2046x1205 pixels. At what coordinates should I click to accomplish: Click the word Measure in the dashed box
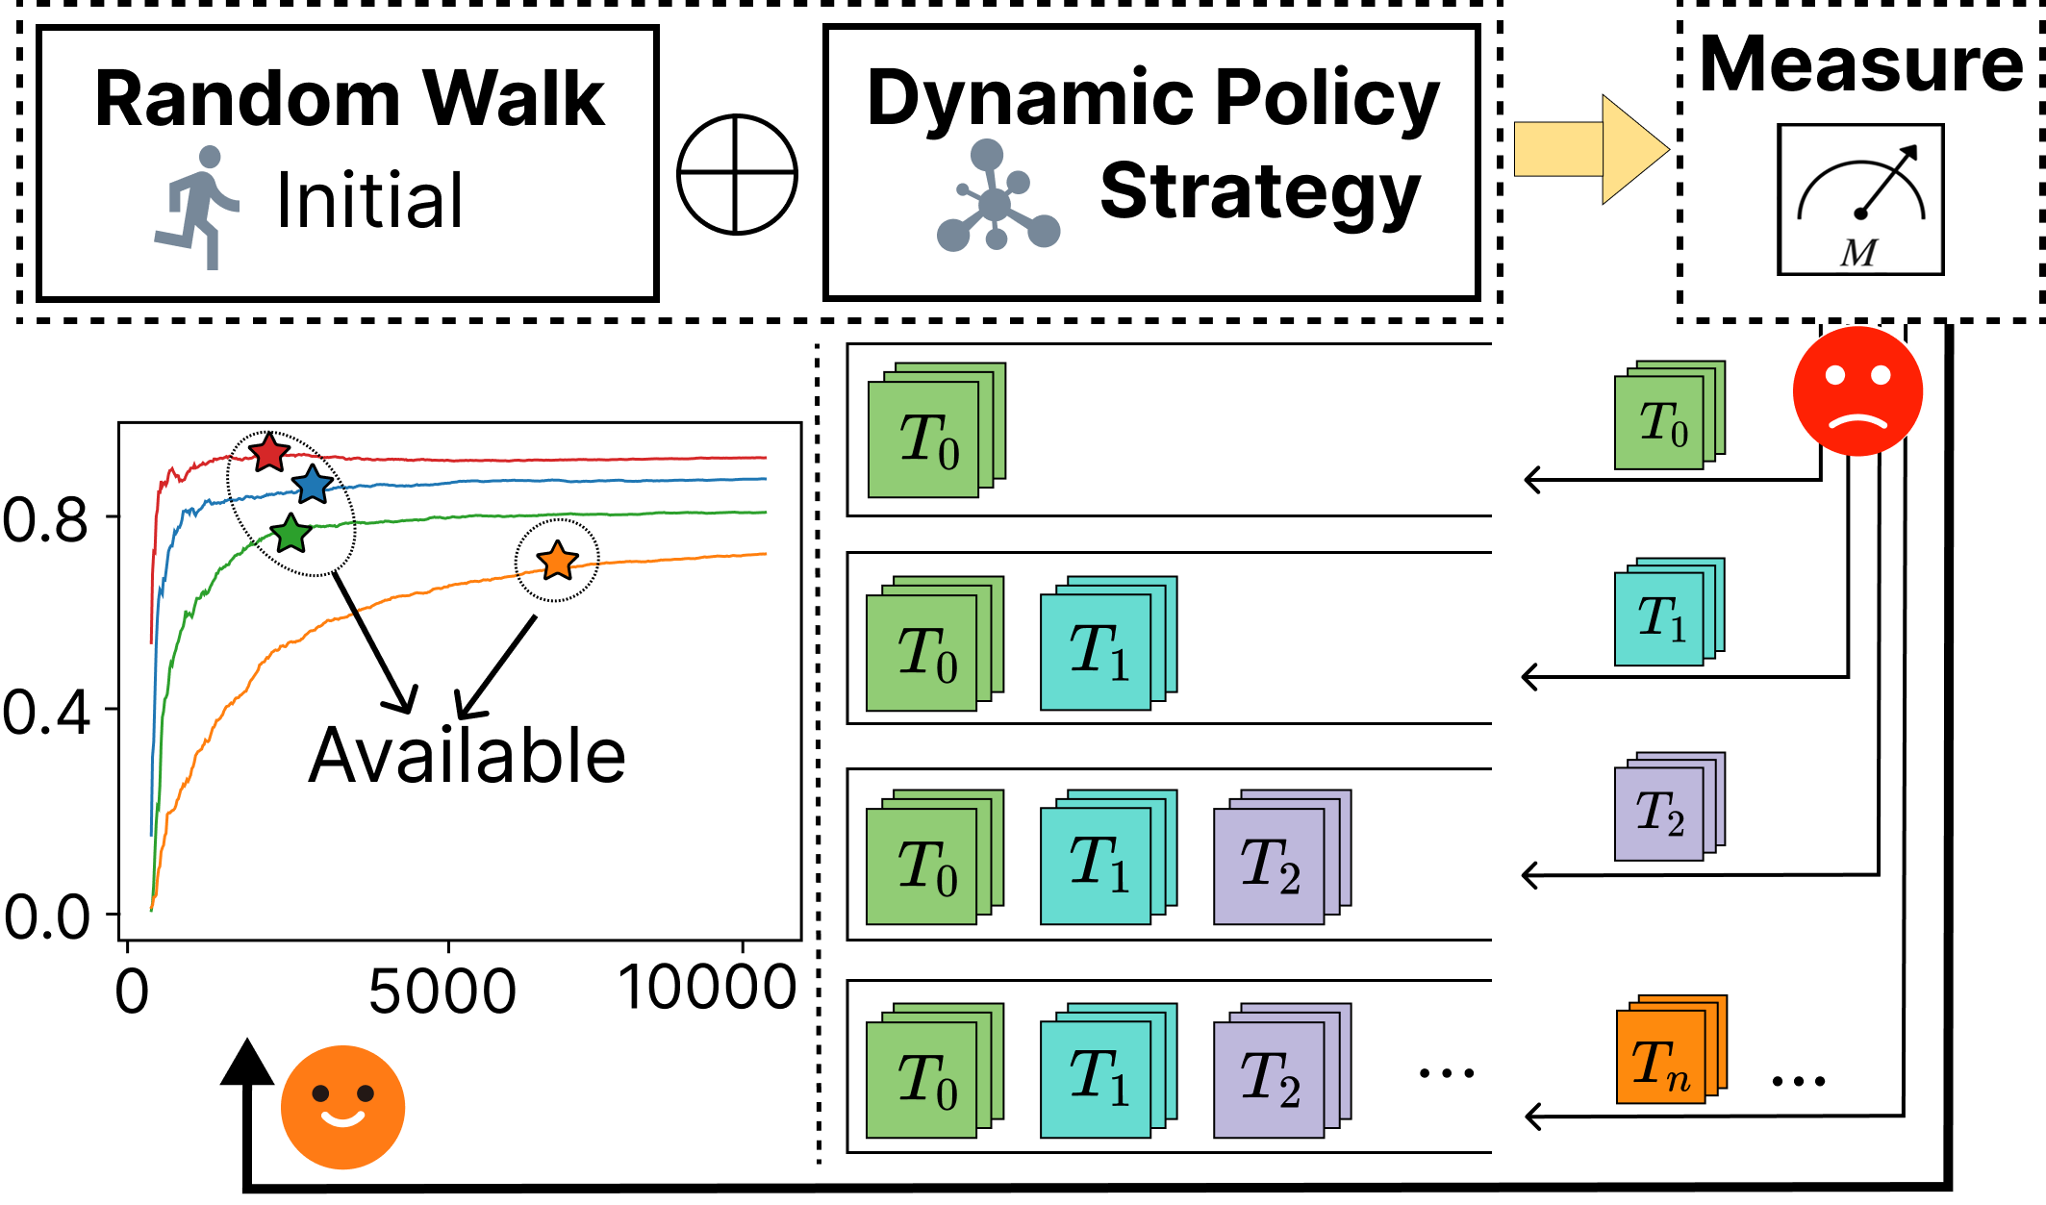click(x=1860, y=63)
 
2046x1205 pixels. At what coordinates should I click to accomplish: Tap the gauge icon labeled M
click(x=1860, y=199)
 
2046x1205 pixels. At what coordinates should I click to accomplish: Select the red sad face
click(x=1858, y=390)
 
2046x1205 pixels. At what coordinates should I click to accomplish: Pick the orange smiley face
click(x=342, y=1107)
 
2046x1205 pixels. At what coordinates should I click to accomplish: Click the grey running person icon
click(x=198, y=207)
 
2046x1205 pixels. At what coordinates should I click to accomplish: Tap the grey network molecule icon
click(x=997, y=198)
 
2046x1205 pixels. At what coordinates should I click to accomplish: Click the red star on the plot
click(x=268, y=452)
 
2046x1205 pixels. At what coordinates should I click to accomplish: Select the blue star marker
click(x=312, y=484)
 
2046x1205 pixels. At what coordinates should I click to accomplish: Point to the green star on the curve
click(x=290, y=533)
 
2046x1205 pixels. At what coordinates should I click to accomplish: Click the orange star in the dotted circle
click(x=557, y=561)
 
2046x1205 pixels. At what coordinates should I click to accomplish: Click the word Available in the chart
click(x=467, y=756)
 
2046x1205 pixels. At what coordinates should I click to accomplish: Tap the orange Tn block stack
click(x=1669, y=1051)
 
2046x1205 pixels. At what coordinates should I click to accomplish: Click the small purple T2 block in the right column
click(x=1667, y=808)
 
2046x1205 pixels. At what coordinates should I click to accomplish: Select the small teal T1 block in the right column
click(x=1667, y=613)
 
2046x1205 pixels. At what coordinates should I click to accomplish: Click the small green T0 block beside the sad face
click(x=1667, y=417)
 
